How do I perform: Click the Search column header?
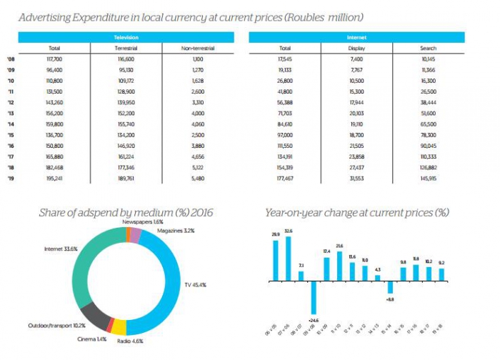click(x=429, y=48)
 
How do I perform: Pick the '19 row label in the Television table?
click(x=11, y=177)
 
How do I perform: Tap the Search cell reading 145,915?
click(x=429, y=177)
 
